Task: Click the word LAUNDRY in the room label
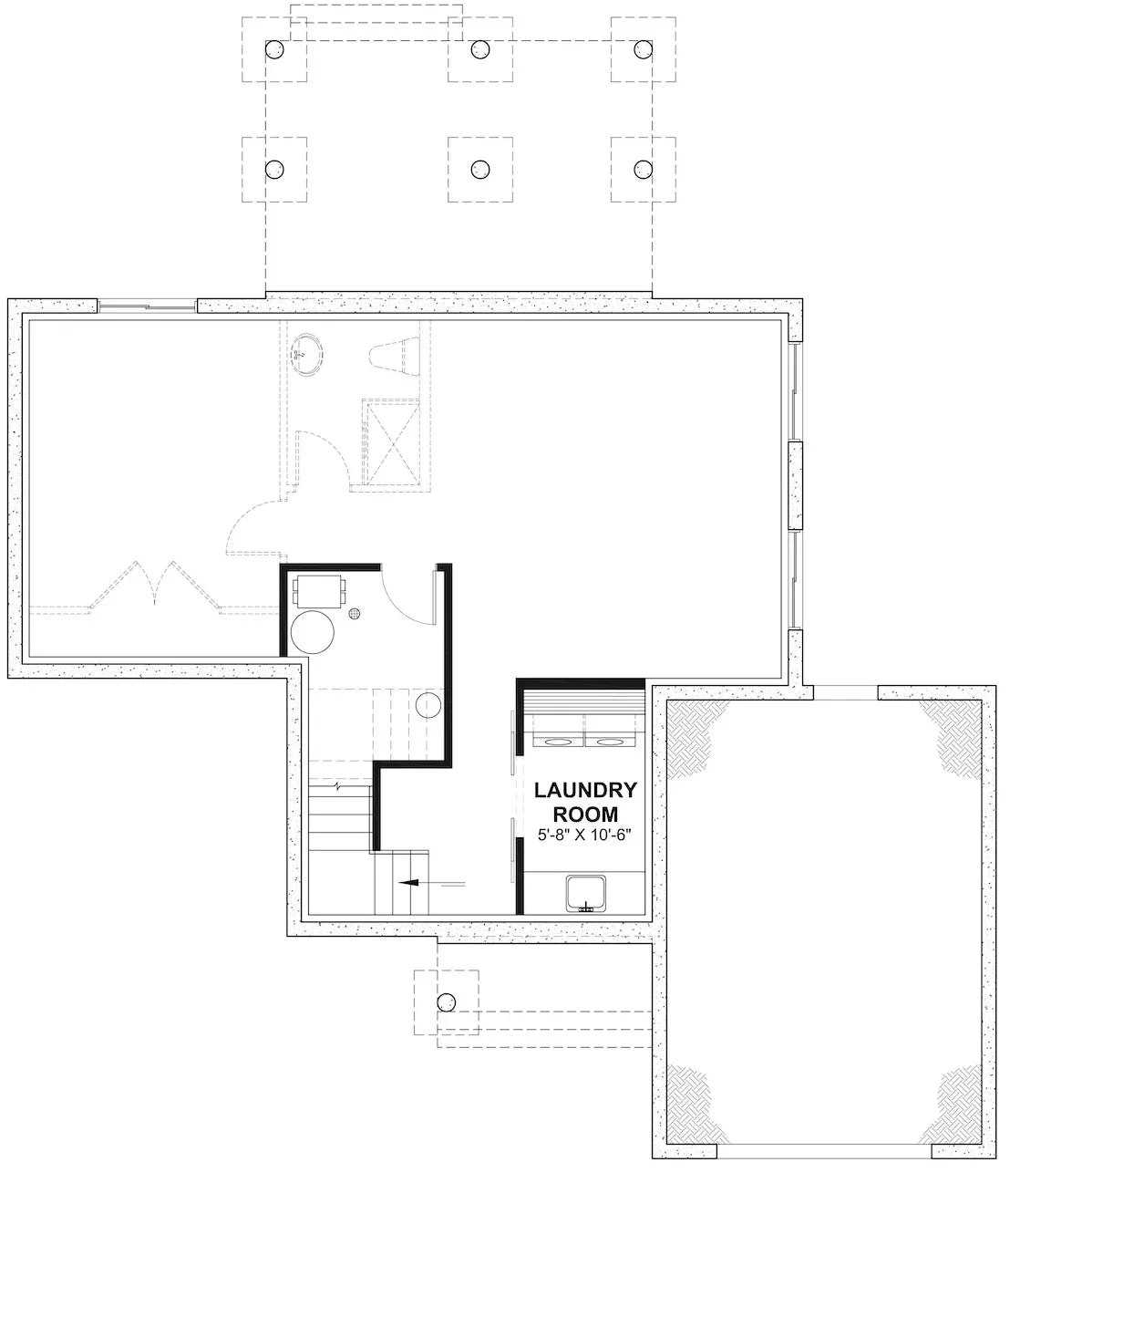(x=584, y=790)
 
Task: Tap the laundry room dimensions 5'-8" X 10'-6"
(x=584, y=834)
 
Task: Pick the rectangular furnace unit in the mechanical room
(x=317, y=590)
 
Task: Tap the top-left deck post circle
(x=274, y=48)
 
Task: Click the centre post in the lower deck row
(x=479, y=169)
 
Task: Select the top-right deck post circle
(x=644, y=48)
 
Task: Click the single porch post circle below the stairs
(x=446, y=1001)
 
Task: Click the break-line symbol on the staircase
(x=340, y=785)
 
